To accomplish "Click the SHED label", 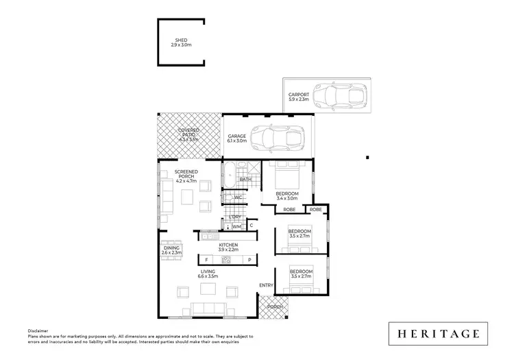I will [x=181, y=43].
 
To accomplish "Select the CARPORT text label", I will [x=298, y=97].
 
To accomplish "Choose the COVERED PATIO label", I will [x=188, y=134].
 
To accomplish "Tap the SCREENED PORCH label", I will [x=186, y=176].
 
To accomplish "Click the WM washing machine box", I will [x=236, y=226].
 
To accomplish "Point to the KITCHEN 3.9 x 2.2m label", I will [x=228, y=247].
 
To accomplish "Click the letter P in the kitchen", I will [x=249, y=261].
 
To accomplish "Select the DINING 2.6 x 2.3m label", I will [x=171, y=251].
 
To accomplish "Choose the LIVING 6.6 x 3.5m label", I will [x=208, y=274].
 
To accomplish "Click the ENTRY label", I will [x=266, y=285].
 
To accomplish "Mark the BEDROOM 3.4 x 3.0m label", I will [x=287, y=197].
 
